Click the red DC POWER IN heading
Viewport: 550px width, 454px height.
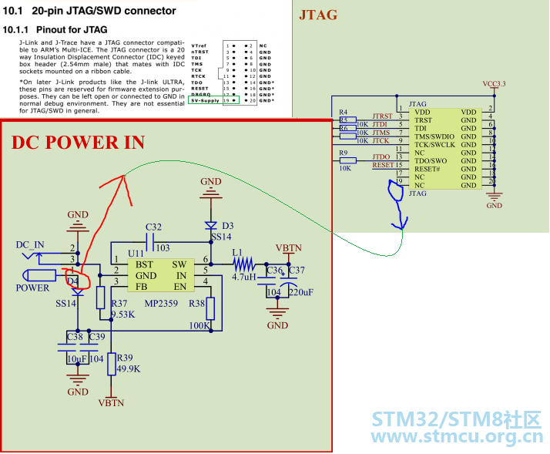(77, 142)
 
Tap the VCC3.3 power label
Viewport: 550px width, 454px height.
(495, 83)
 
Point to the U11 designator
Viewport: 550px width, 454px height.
(136, 252)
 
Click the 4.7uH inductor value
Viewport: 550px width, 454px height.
(243, 276)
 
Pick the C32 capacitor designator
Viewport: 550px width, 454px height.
(153, 227)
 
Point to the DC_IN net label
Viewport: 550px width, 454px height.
(30, 244)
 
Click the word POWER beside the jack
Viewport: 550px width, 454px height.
(32, 288)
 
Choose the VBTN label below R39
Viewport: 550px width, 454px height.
(112, 402)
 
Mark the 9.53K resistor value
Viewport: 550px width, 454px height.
(124, 314)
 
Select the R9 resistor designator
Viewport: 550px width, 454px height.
(344, 152)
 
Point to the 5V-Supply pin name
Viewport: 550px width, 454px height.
(204, 100)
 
